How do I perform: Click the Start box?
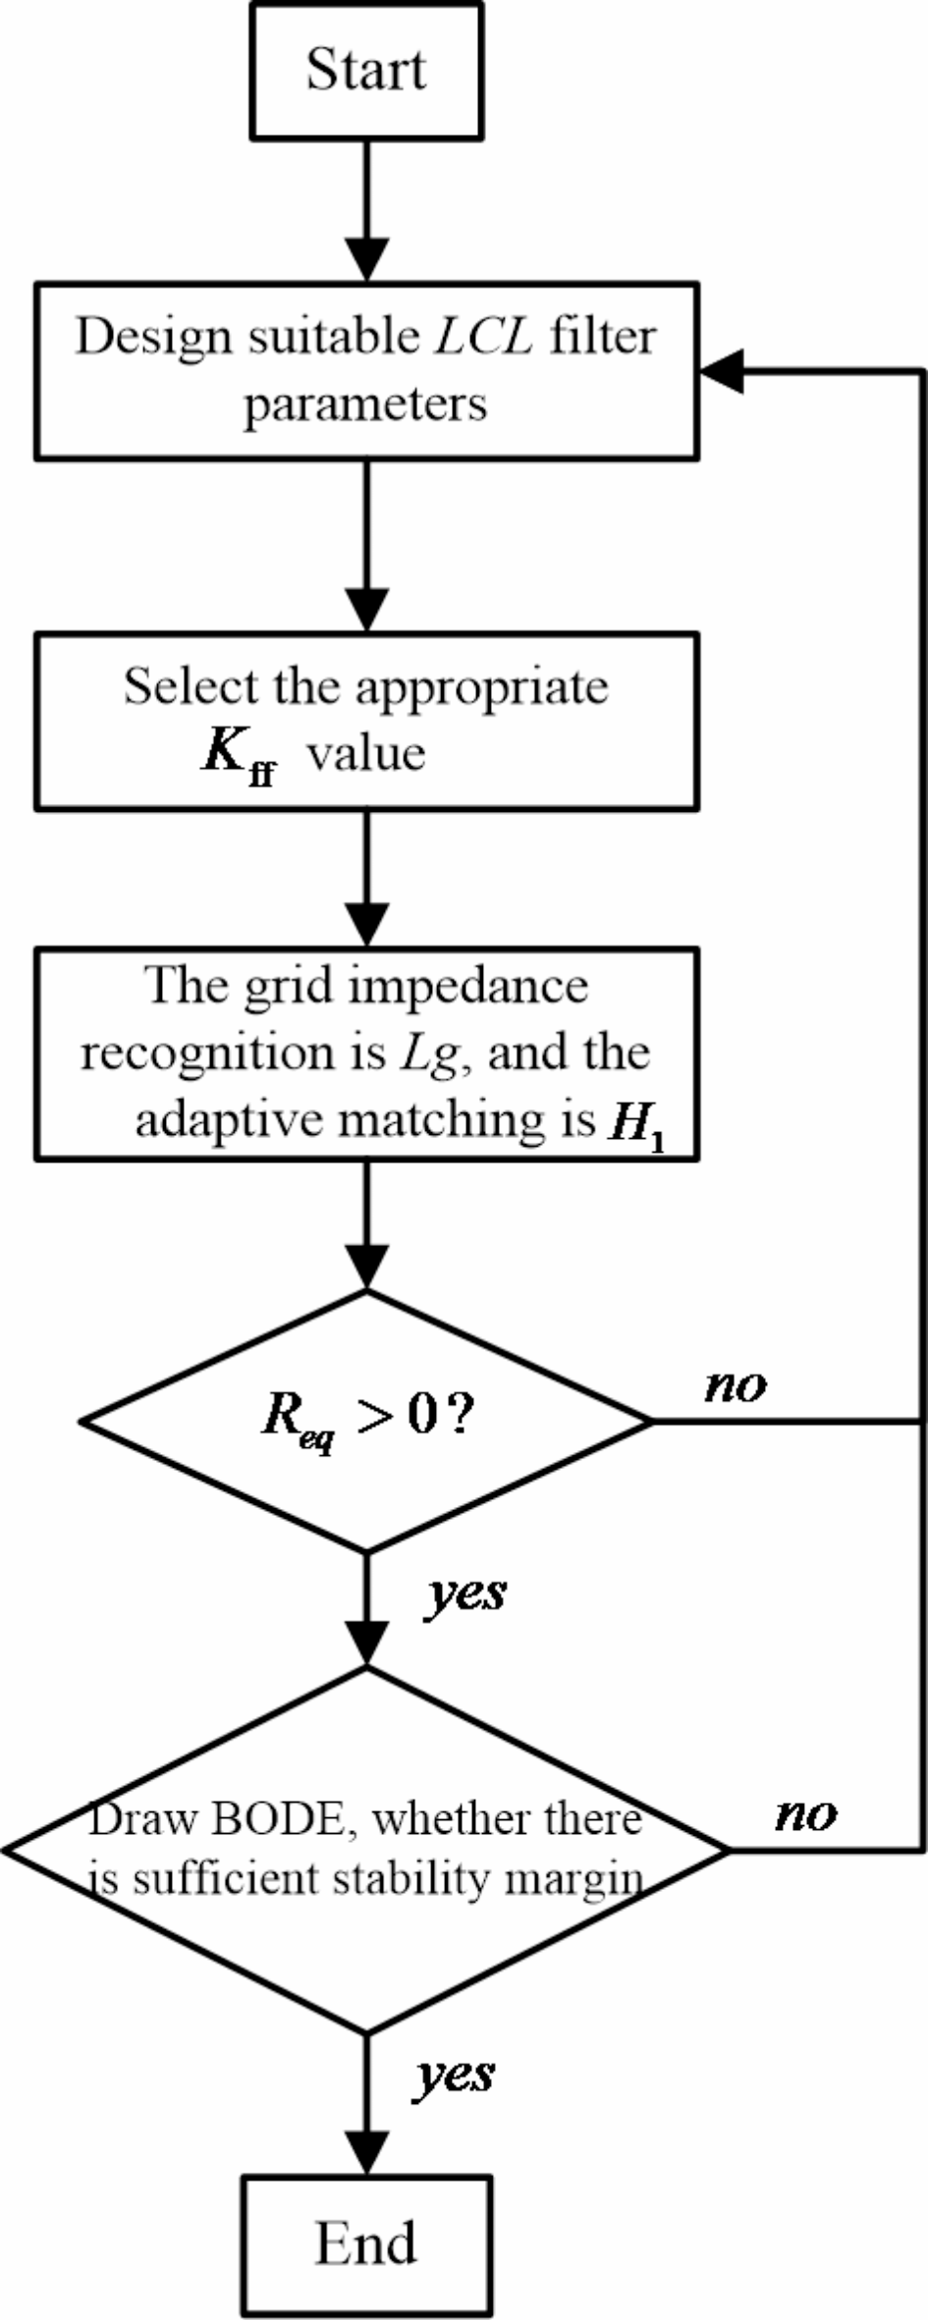[x=366, y=71]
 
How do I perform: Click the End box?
[x=366, y=2242]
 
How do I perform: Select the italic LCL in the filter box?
[x=484, y=337]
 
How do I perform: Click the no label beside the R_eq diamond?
[x=736, y=1385]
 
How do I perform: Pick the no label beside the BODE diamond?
[x=806, y=1813]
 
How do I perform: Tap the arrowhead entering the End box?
[x=366, y=2152]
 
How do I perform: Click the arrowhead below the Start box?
[x=366, y=259]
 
